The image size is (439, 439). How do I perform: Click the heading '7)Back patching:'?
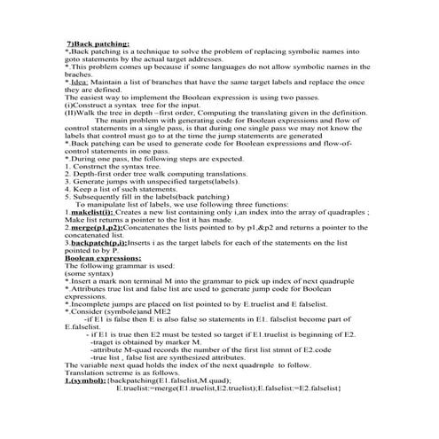coord(98,43)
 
